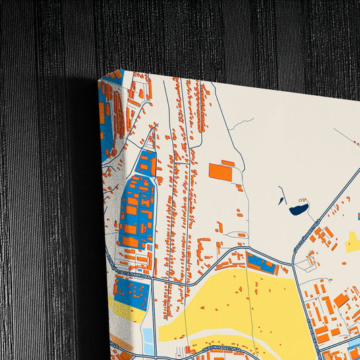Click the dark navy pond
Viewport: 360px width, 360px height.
299,209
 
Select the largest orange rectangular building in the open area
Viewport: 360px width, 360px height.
220,172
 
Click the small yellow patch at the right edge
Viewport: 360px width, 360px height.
353,241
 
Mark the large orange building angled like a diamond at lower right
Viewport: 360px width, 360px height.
342,300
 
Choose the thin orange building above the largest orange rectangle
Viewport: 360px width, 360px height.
228,162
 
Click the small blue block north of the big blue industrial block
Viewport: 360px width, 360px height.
147,162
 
